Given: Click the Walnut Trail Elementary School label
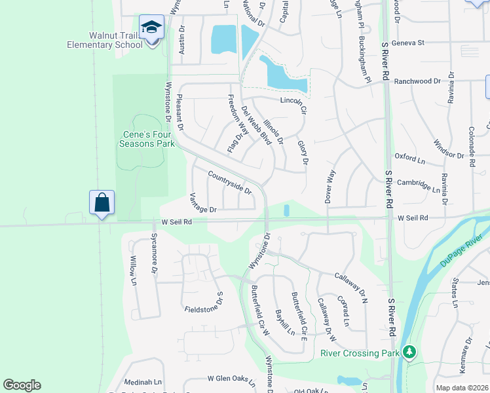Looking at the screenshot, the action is pos(105,40).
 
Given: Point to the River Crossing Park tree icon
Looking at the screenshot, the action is pos(410,352).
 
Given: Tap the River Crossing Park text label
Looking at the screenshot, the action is pos(360,353).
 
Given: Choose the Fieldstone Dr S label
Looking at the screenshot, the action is pos(204,305).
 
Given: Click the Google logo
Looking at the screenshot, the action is pos(22,384).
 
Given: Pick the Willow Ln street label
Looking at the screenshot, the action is pos(133,271).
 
